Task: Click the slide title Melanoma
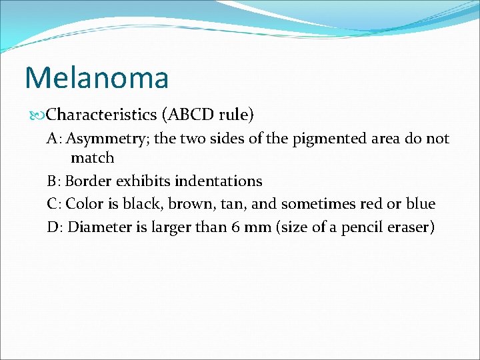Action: click(x=97, y=77)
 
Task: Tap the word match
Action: click(x=93, y=158)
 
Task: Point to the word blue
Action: click(x=420, y=203)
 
